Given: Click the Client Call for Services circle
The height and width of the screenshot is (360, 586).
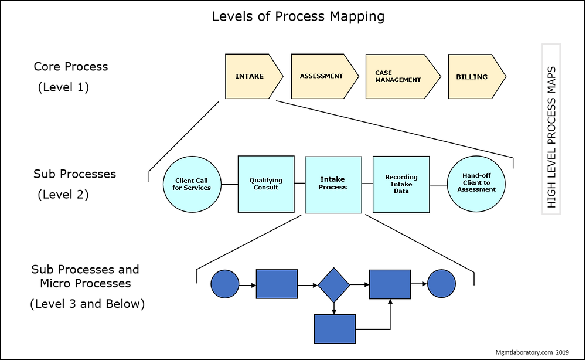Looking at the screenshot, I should [x=192, y=184].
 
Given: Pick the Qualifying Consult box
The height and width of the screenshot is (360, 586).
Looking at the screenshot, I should [x=265, y=184].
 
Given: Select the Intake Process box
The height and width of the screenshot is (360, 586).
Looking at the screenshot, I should [x=333, y=184].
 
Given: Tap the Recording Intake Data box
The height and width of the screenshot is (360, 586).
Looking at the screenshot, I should [x=401, y=184].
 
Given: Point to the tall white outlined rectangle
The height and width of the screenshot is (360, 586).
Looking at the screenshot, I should [x=551, y=129].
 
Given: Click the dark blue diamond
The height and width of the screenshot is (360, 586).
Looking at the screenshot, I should [x=333, y=285].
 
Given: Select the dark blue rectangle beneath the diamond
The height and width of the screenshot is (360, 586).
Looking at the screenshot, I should [x=335, y=328].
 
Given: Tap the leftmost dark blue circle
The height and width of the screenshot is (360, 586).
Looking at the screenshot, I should [x=224, y=284].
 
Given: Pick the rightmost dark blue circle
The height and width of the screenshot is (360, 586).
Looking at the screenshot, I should [x=441, y=284].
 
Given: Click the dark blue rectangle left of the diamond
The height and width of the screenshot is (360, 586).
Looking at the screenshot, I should [x=277, y=284].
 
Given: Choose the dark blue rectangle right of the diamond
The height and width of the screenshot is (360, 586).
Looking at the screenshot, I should [x=390, y=284].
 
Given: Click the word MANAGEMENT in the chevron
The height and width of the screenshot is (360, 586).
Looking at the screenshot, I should [x=398, y=80].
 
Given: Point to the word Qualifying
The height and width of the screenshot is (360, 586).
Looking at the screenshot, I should [x=265, y=181].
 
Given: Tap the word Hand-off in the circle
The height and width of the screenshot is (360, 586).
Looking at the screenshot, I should [x=476, y=175].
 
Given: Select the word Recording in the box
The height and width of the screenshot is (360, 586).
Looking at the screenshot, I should [x=401, y=177].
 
